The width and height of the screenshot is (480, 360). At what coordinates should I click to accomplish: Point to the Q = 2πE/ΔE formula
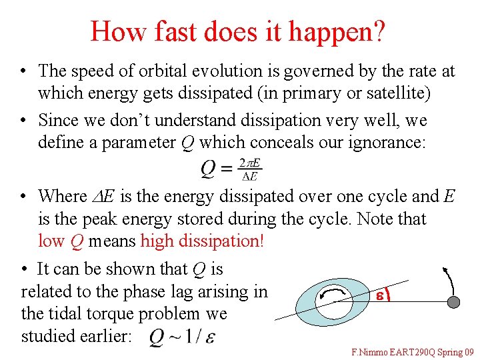tap(231, 170)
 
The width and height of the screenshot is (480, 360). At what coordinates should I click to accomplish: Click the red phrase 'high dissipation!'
tap(203, 241)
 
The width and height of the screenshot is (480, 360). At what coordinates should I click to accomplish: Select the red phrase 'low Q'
tap(61, 241)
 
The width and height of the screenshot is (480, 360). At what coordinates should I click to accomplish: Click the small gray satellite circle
tap(453, 302)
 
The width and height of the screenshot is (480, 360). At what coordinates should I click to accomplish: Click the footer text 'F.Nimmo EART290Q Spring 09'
tap(413, 351)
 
